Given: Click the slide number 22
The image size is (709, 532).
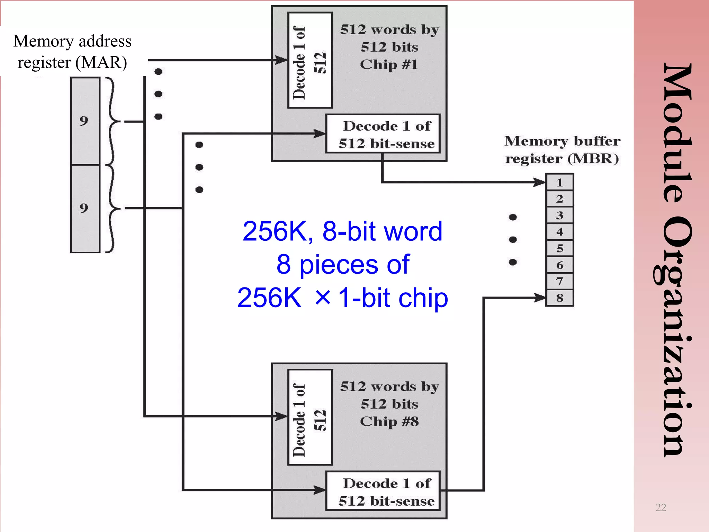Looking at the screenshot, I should point(661,507).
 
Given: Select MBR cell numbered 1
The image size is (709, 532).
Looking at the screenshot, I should point(559,183).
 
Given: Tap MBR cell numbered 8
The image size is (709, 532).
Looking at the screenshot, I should point(559,298).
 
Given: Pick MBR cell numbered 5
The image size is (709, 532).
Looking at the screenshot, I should point(559,248).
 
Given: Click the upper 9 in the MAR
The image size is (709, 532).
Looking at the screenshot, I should point(84,121).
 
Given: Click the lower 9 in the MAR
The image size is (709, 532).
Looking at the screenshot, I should point(84,208).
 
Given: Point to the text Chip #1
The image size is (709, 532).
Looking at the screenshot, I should point(389,65).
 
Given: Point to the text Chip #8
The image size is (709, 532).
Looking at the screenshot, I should point(389,422).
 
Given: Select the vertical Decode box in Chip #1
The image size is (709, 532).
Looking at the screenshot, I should point(310,60).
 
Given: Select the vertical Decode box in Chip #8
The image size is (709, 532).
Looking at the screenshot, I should point(310,417).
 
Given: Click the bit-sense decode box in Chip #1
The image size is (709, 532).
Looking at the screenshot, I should point(383,134).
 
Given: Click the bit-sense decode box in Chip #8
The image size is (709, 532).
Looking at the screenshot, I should point(383,491).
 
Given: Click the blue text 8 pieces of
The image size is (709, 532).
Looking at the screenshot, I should point(343,265).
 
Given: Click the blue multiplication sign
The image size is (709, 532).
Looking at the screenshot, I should point(323,297).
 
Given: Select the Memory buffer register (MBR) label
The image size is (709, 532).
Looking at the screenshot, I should point(562,150).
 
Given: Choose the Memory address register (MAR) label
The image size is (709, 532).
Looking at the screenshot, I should point(72,52).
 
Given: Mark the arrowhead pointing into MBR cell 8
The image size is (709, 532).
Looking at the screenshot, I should point(540,298).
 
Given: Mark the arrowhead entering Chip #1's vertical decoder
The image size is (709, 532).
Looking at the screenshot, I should point(281,60).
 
